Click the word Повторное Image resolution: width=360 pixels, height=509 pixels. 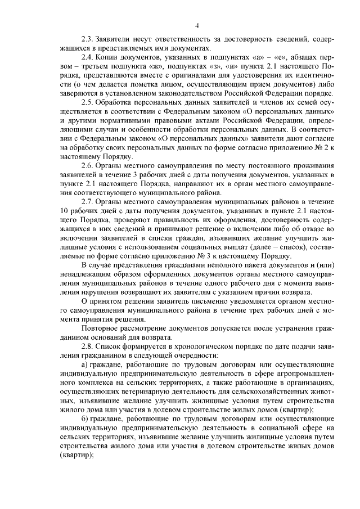(101, 327)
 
